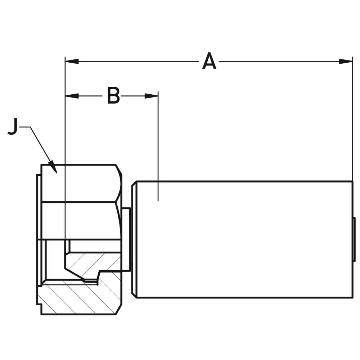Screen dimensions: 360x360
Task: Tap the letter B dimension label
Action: [x=113, y=96]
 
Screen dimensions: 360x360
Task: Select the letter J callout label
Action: [x=13, y=127]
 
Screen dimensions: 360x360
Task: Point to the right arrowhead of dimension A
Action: [x=346, y=61]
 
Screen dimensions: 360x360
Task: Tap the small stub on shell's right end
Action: [x=354, y=239]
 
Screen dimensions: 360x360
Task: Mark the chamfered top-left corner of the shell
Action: [x=134, y=184]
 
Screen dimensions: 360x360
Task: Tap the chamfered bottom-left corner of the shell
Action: [x=134, y=295]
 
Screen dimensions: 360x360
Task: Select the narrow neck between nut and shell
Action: [x=126, y=239]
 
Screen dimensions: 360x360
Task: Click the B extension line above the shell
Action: [x=158, y=144]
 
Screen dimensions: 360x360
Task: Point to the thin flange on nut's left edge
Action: [x=39, y=239]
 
